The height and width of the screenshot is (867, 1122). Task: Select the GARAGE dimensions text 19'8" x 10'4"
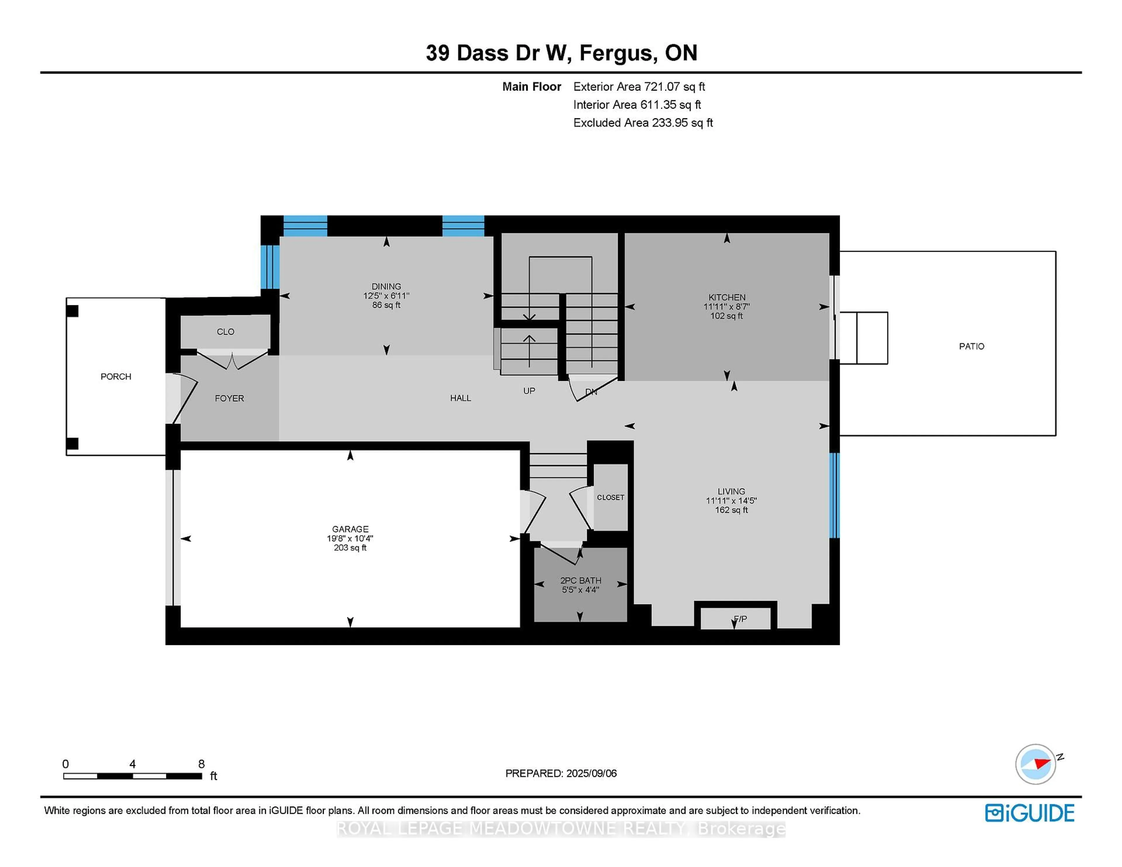click(350, 538)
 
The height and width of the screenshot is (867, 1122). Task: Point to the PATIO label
click(972, 346)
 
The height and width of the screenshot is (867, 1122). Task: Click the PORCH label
click(116, 377)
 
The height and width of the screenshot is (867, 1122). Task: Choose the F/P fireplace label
click(740, 619)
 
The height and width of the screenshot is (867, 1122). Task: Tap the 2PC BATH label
click(581, 580)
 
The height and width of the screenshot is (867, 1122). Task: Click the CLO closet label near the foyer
click(226, 332)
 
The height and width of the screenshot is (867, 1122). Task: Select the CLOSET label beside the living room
click(610, 497)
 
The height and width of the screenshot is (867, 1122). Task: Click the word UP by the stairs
click(529, 391)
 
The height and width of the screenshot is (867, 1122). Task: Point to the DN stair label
click(591, 392)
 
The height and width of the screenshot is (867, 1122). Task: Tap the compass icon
click(1035, 764)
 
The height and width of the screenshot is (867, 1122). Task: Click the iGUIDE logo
click(1030, 813)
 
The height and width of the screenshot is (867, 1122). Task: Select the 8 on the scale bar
click(201, 764)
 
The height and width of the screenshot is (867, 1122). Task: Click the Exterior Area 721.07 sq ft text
click(639, 87)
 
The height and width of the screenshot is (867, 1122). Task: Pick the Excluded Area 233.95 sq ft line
click(643, 123)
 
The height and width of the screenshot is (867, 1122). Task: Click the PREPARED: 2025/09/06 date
click(561, 773)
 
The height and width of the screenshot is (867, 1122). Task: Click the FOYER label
click(229, 398)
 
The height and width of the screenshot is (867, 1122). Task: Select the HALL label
click(460, 398)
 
